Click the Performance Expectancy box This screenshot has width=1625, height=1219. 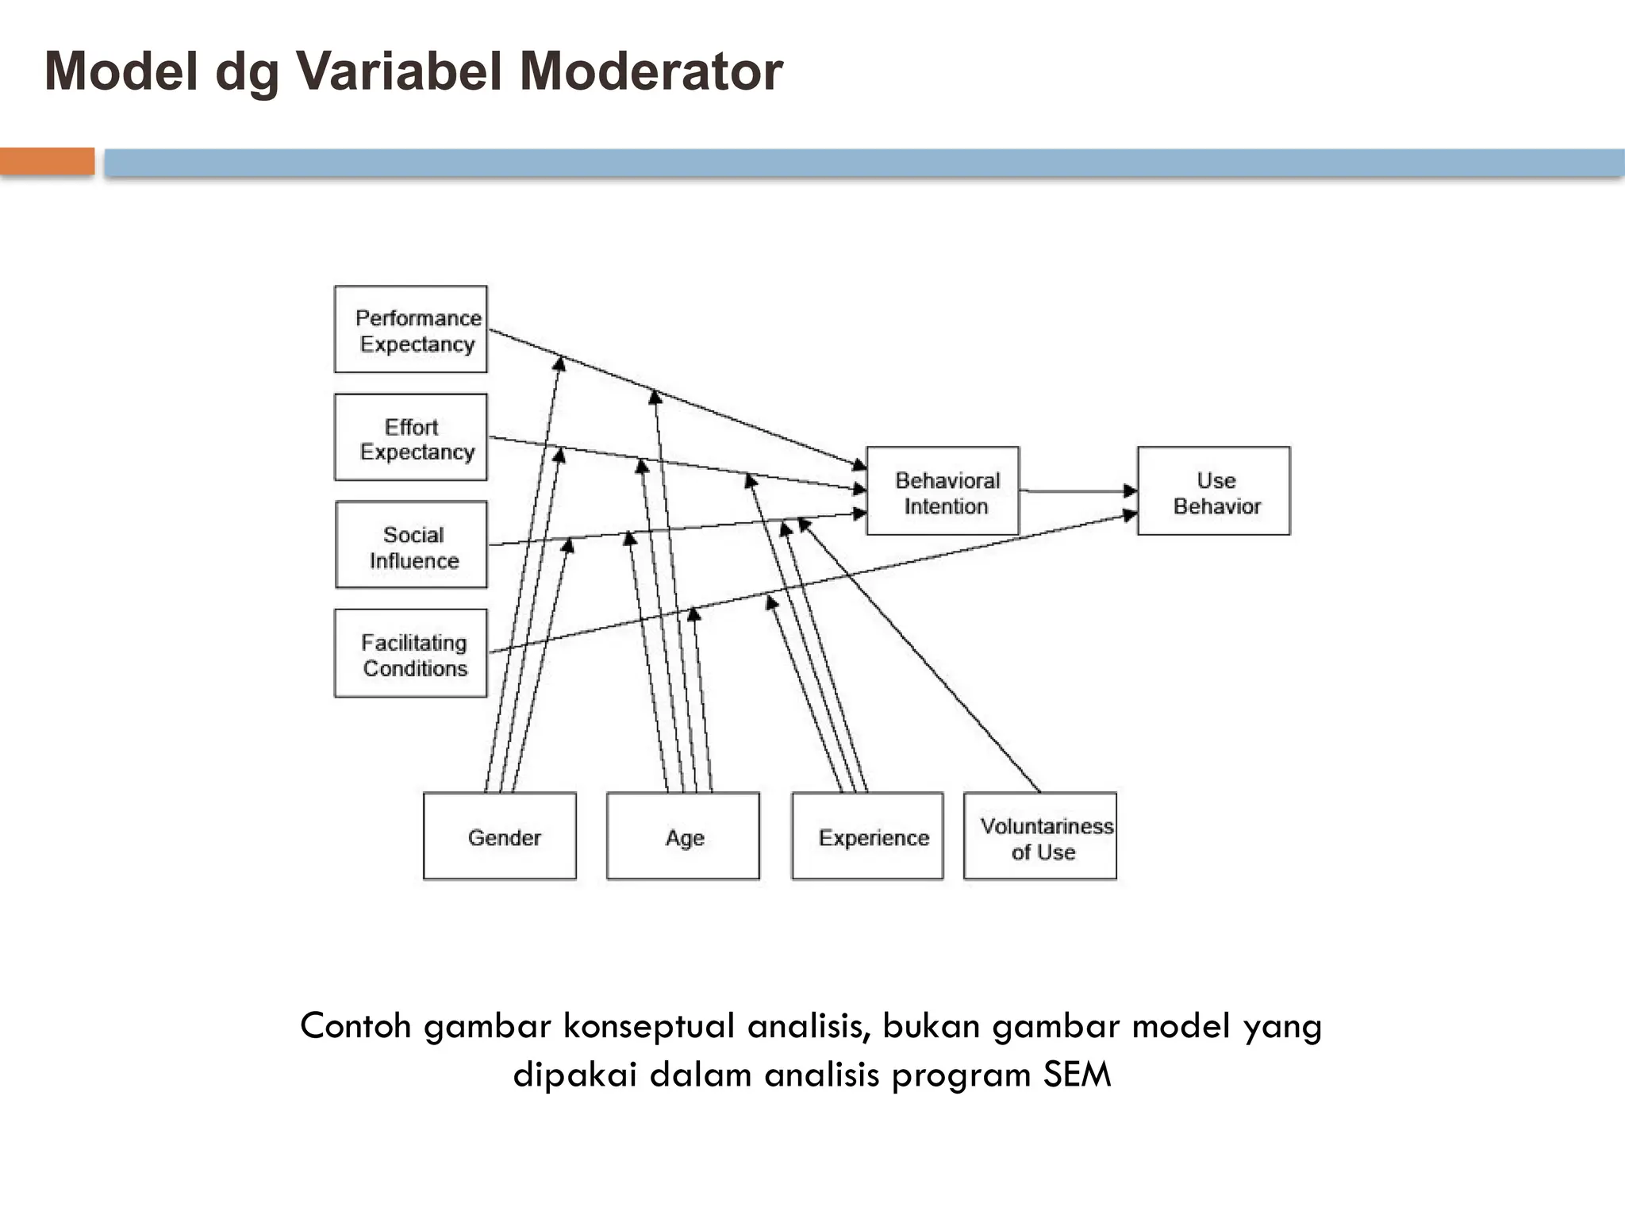[x=410, y=329]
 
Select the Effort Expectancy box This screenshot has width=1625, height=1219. [x=410, y=437]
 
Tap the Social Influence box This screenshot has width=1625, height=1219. [x=411, y=545]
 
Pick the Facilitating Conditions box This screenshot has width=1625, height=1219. [x=410, y=653]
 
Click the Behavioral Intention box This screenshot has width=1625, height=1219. [x=942, y=491]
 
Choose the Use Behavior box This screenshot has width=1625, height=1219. [x=1213, y=491]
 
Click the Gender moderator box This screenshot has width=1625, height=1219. [x=499, y=836]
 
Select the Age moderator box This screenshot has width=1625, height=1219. [x=682, y=836]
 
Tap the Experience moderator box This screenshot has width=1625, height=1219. [x=867, y=836]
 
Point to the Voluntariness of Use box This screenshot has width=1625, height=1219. [x=1039, y=836]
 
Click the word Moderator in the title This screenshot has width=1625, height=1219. [x=651, y=71]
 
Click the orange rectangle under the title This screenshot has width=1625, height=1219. [x=47, y=161]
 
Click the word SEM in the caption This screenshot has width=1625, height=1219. [x=1077, y=1075]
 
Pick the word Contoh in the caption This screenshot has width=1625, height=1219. [x=355, y=1026]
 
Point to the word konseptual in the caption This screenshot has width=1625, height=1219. [x=649, y=1026]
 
